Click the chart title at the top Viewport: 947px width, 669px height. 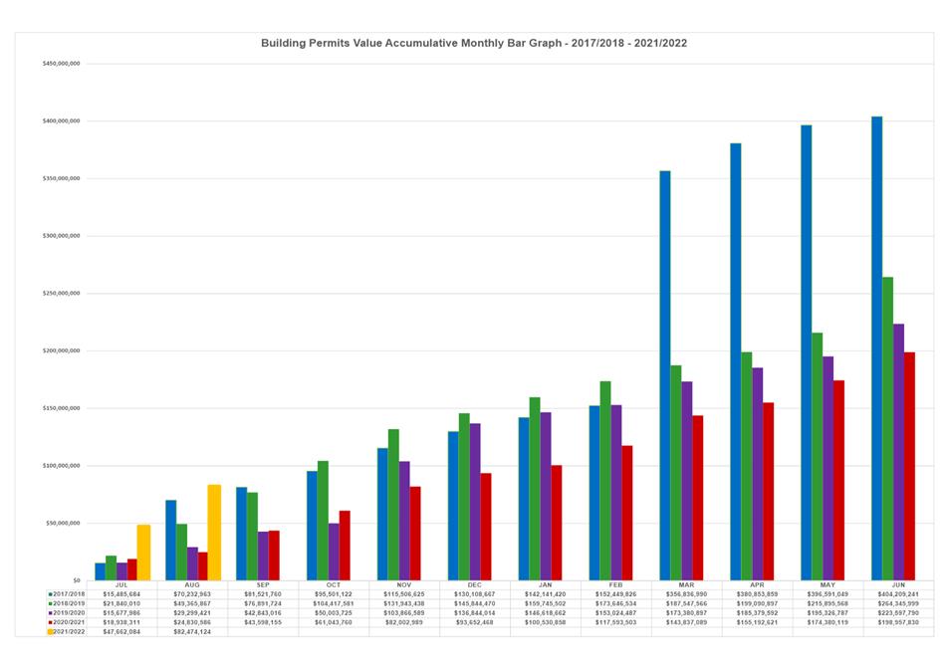(x=473, y=44)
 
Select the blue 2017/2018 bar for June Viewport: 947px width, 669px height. (x=876, y=348)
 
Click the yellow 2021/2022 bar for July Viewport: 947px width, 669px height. (x=143, y=552)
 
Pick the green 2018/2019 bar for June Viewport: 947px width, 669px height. (x=887, y=428)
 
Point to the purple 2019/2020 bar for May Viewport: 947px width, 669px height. (x=828, y=468)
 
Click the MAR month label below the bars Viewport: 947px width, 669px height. (x=687, y=585)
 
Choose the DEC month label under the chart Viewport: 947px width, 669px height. (x=474, y=585)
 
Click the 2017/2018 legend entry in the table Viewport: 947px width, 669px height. (x=68, y=593)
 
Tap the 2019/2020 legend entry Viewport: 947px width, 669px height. (x=68, y=612)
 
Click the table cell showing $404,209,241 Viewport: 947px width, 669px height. (x=899, y=593)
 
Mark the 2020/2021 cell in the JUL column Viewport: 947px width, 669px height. (x=121, y=622)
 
